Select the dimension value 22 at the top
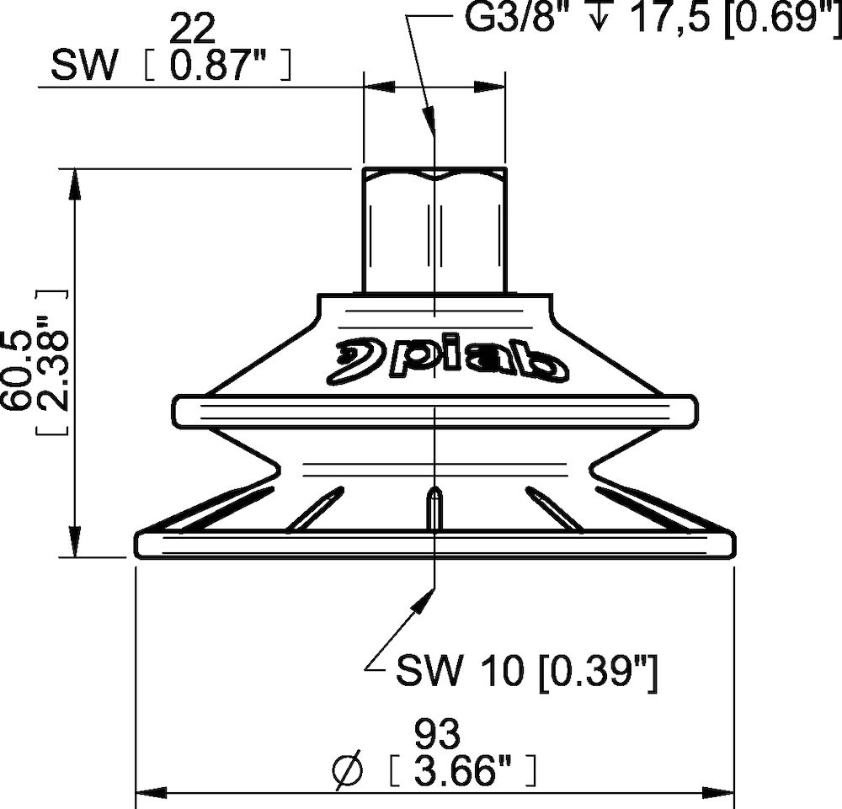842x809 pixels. (x=192, y=28)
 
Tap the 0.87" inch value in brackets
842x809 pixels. (x=219, y=66)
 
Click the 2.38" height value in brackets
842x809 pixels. (x=54, y=363)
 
